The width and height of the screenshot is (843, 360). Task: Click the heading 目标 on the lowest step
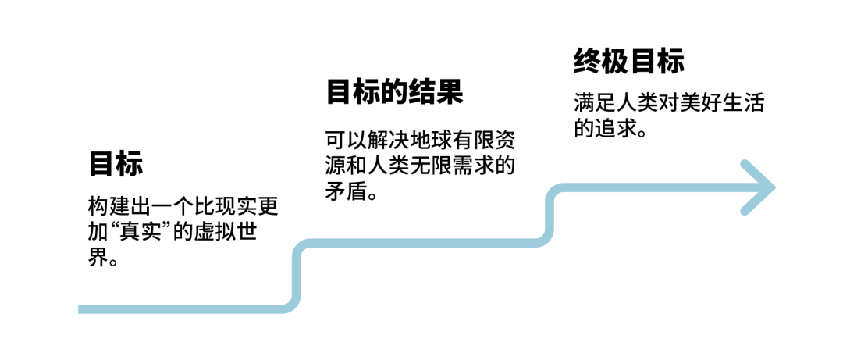click(116, 166)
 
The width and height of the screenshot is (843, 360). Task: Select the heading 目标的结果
click(394, 92)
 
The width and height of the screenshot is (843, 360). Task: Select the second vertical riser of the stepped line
click(551, 216)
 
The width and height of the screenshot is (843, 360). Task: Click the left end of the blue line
click(82, 309)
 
